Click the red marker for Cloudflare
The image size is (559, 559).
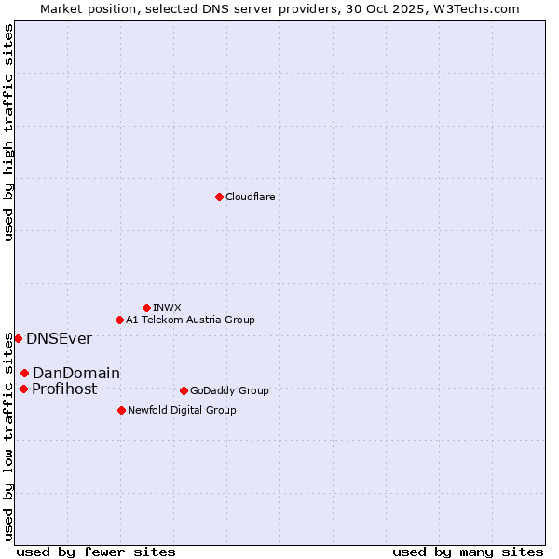click(219, 197)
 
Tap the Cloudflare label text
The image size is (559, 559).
click(250, 197)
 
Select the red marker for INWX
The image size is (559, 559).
click(146, 307)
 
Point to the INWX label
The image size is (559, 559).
click(167, 307)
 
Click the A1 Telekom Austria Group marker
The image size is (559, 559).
click(119, 320)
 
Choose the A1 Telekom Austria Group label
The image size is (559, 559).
click(190, 320)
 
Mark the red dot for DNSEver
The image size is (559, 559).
click(18, 338)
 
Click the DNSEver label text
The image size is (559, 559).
click(59, 338)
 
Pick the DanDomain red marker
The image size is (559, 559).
click(24, 373)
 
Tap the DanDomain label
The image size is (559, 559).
click(76, 373)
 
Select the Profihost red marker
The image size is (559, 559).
click(23, 389)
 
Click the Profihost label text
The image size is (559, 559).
click(64, 389)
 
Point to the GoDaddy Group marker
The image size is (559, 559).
click(184, 390)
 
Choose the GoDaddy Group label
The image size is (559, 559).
click(229, 390)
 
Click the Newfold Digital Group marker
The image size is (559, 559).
click(121, 410)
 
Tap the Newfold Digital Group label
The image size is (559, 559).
click(182, 410)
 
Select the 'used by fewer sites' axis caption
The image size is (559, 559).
click(96, 552)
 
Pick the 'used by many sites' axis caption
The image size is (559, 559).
click(468, 552)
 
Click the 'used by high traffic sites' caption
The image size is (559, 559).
click(8, 132)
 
